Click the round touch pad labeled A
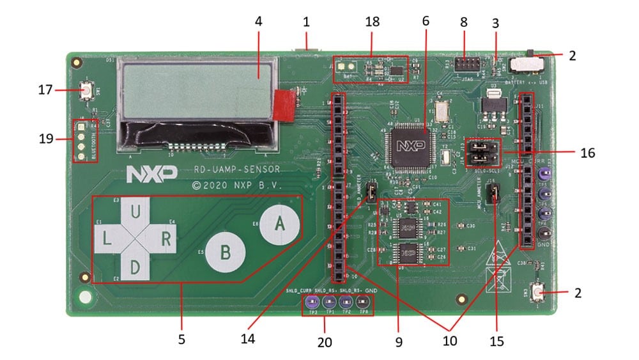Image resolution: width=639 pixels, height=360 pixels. (x=279, y=223)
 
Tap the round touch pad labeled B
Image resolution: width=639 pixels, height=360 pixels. (x=225, y=251)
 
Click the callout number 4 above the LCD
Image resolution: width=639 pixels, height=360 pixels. (x=258, y=21)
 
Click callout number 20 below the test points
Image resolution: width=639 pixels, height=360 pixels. (x=325, y=343)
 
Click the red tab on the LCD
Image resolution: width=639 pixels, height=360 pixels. (x=285, y=105)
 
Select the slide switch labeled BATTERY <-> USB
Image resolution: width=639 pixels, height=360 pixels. (x=527, y=65)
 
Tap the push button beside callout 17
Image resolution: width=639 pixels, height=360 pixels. (x=85, y=91)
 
